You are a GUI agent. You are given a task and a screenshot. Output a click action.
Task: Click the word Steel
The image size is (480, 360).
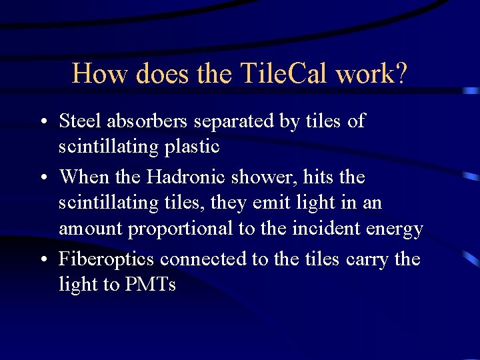pyautogui.click(x=79, y=121)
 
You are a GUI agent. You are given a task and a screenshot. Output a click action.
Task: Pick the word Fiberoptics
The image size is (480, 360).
pyautogui.click(x=107, y=259)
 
